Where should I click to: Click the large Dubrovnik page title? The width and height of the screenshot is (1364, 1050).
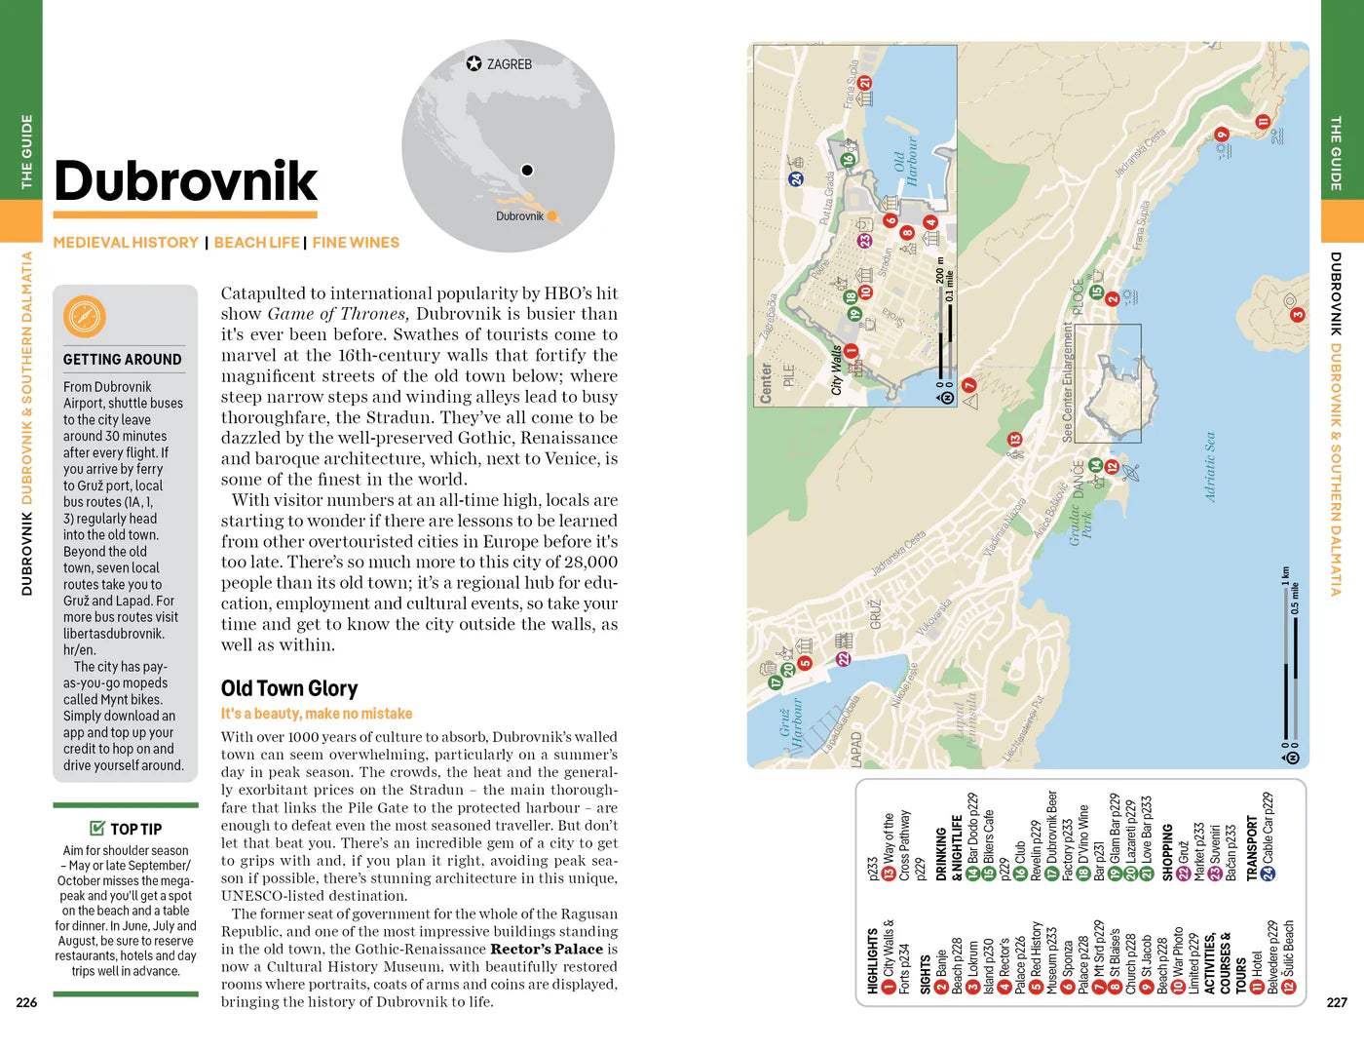tap(185, 181)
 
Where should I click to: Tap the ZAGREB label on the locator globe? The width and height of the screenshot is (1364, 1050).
tap(509, 64)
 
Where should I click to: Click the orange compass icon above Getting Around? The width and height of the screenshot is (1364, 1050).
tap(84, 318)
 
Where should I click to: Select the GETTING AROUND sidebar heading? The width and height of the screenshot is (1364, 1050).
tap(122, 360)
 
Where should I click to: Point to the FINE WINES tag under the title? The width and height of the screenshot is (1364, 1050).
tap(356, 243)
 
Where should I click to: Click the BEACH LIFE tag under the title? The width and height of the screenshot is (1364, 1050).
tap(256, 243)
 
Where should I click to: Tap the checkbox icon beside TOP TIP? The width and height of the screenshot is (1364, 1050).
tap(97, 829)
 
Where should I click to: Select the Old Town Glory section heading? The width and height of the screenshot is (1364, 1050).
tap(289, 688)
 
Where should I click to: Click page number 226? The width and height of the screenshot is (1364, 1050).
tap(26, 1002)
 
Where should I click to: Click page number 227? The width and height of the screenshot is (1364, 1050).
tap(1337, 1002)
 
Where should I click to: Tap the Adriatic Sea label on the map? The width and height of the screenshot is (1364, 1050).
tap(1210, 467)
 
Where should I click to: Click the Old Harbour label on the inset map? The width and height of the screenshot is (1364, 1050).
tap(905, 161)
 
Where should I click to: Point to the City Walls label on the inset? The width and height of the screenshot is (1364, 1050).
tap(836, 369)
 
